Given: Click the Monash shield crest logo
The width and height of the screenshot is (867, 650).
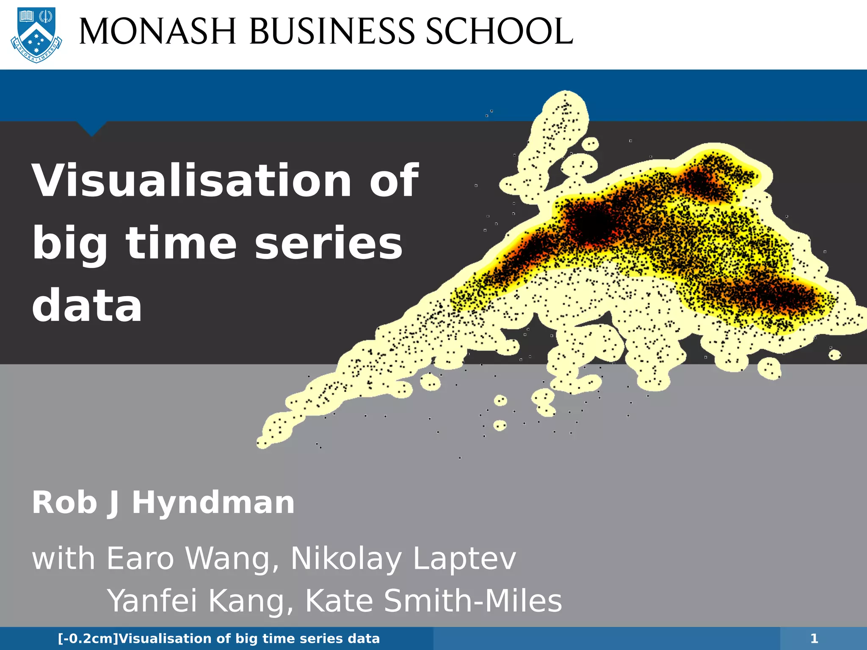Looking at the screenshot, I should tap(36, 35).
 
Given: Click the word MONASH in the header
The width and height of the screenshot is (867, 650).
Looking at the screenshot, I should tap(157, 32).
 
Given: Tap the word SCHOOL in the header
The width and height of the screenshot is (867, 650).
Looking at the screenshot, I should tap(499, 32).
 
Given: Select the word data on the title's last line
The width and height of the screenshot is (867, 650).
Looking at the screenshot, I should tap(87, 306).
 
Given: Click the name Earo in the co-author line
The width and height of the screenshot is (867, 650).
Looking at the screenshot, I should tap(140, 559).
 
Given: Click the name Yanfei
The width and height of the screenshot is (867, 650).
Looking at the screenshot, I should tap(152, 601).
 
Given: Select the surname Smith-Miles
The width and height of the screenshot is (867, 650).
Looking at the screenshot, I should tap(473, 600).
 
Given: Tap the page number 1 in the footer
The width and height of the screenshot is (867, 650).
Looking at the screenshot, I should tap(814, 639).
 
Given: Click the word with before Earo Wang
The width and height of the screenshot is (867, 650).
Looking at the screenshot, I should tap(64, 559).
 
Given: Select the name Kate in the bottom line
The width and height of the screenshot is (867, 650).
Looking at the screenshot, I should tap(339, 600).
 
